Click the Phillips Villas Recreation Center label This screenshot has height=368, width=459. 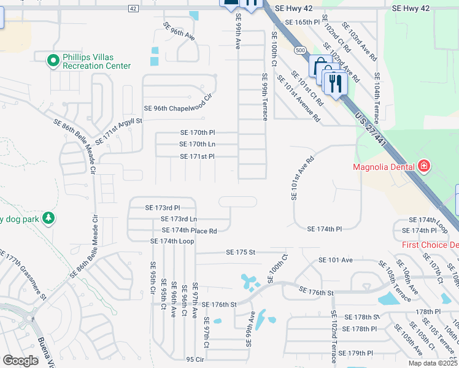pyautogui.click(x=96, y=62)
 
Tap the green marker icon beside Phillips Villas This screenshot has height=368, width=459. pyautogui.click(x=53, y=59)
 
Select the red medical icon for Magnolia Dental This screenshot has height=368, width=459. pyautogui.click(x=423, y=166)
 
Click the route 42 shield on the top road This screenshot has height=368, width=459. pyautogui.click(x=133, y=8)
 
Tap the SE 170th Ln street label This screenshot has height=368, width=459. pyautogui.click(x=197, y=144)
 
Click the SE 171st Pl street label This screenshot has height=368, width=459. pyautogui.click(x=197, y=157)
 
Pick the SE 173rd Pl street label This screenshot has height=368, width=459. pyautogui.click(x=162, y=209)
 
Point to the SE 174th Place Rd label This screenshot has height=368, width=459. pyautogui.click(x=189, y=231)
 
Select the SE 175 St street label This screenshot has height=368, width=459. pyautogui.click(x=240, y=252)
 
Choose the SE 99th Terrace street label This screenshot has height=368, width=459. pyautogui.click(x=265, y=97)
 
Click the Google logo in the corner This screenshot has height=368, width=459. pyautogui.click(x=20, y=361)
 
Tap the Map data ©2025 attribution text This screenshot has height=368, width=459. pyautogui.click(x=432, y=363)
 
